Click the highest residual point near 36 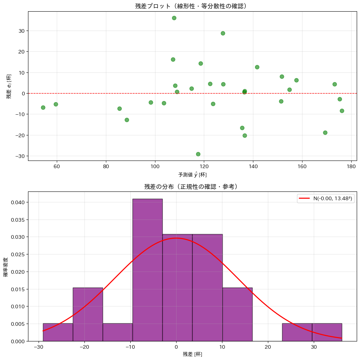(174, 18)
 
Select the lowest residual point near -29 (198, 154)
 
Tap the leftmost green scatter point (43, 107)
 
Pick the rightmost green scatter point (342, 111)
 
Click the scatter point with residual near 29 (223, 33)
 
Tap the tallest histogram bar (147, 269)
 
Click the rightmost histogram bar (327, 332)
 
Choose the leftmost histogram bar (58, 332)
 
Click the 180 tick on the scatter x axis (351, 167)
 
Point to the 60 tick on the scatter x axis (57, 167)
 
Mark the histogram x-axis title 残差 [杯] (192, 354)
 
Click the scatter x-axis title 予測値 (192, 175)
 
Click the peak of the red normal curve (176, 238)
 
